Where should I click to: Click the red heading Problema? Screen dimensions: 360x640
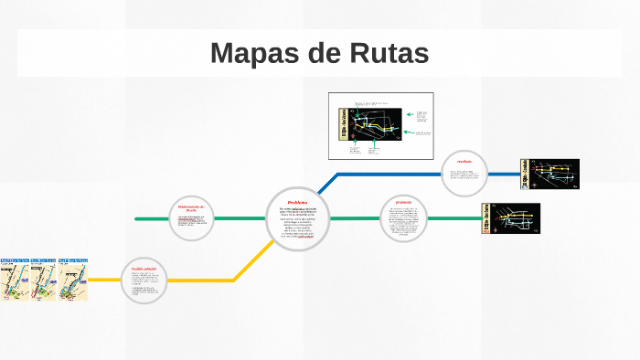pyautogui.click(x=297, y=202)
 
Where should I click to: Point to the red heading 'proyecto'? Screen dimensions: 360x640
pyautogui.click(x=403, y=201)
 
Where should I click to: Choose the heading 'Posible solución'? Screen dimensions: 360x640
pyautogui.click(x=144, y=269)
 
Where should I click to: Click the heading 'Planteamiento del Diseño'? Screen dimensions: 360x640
pyautogui.click(x=191, y=209)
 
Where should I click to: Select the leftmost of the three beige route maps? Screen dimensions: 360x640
pyautogui.click(x=16, y=280)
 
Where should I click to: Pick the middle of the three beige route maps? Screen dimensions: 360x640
pyautogui.click(x=44, y=280)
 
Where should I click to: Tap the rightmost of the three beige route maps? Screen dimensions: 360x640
pyautogui.click(x=72, y=280)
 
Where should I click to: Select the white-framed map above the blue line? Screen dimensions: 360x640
pyautogui.click(x=380, y=126)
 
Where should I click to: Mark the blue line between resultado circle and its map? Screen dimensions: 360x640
pyautogui.click(x=506, y=174)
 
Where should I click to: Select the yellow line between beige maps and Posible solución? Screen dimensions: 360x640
pyautogui.click(x=104, y=280)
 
